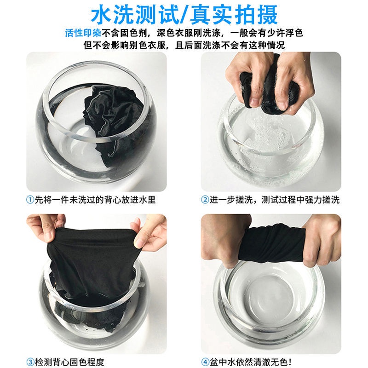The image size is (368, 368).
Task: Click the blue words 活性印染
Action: [83, 33]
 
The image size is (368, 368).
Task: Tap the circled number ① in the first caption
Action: [30, 200]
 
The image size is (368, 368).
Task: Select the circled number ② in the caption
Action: [205, 200]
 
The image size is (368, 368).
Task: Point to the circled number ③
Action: [30, 362]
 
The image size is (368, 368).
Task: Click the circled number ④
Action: [205, 362]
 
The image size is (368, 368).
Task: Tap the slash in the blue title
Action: [185, 15]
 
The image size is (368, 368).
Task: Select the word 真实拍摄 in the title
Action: [234, 15]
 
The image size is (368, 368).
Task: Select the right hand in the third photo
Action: [149, 231]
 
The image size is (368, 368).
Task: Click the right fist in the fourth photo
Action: [322, 242]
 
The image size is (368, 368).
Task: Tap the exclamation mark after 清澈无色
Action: [291, 362]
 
